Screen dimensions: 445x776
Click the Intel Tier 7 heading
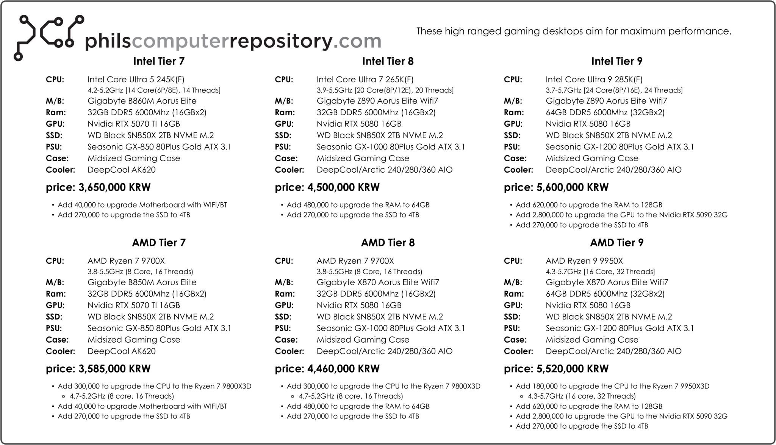[159, 61]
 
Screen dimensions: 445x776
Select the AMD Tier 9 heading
[616, 242]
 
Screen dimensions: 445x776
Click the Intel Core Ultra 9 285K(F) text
[594, 79]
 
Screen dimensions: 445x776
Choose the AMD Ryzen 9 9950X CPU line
[584, 261]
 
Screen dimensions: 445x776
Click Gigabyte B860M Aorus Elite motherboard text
[142, 101]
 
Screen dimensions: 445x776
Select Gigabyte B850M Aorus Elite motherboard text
[142, 282]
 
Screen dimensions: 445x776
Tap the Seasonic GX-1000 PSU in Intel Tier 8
[391, 147]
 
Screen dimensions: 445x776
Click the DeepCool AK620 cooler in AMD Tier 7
[121, 351]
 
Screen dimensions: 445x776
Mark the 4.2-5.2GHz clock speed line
[154, 90]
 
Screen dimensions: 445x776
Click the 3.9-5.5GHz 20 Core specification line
[385, 90]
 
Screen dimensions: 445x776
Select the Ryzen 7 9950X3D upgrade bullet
[612, 386]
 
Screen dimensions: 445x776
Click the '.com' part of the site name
[357, 41]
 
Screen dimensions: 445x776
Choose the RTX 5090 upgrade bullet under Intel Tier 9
[621, 215]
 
